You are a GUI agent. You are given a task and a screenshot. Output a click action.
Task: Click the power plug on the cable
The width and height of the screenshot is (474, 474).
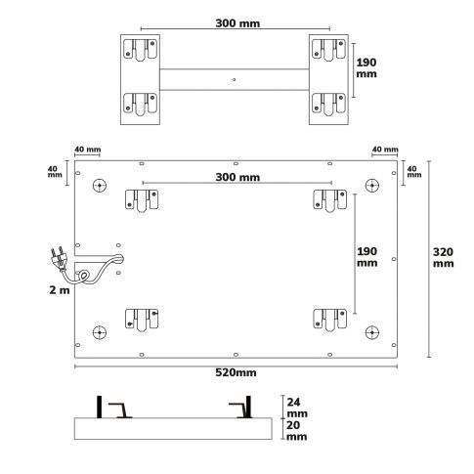[57, 258]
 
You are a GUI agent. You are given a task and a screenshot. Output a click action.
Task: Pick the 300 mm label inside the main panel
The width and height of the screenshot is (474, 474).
[237, 177]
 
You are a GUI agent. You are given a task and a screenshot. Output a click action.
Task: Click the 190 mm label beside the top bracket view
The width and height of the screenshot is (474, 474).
[366, 65]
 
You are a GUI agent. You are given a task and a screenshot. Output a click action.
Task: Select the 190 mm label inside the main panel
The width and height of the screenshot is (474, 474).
[366, 256]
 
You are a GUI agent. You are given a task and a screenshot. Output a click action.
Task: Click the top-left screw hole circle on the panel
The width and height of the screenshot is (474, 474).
[100, 186]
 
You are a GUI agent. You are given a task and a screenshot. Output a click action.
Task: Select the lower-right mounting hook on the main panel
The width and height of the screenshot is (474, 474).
[329, 319]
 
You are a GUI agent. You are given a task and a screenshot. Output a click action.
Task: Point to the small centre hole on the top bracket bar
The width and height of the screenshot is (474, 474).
[234, 79]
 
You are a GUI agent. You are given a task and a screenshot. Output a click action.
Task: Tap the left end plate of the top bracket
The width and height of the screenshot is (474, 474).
[139, 78]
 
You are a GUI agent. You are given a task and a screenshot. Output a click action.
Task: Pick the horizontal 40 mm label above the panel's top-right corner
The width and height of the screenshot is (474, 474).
[384, 150]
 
